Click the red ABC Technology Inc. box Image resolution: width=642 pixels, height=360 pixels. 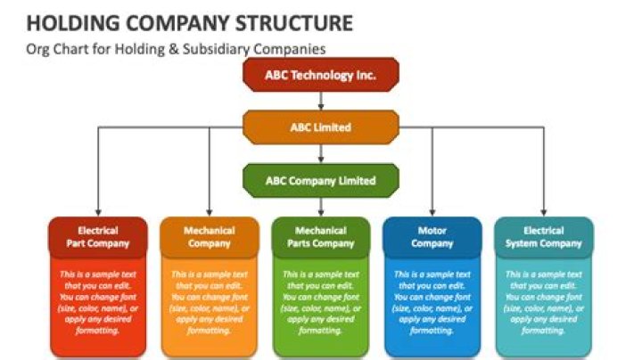click(x=320, y=76)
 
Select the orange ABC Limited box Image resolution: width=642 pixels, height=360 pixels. click(x=320, y=127)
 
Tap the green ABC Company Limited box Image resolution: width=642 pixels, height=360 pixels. click(x=320, y=180)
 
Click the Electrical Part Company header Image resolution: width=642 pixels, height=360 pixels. click(x=97, y=236)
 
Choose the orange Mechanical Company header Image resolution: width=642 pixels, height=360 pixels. click(x=209, y=236)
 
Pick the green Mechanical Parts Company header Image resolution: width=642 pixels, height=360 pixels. click(x=320, y=236)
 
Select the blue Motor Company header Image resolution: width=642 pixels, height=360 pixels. click(x=432, y=236)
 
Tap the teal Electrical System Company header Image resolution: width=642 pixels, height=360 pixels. click(x=543, y=236)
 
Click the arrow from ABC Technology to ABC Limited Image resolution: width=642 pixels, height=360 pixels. click(x=320, y=101)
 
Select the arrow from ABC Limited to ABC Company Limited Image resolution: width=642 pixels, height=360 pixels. click(x=320, y=153)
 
